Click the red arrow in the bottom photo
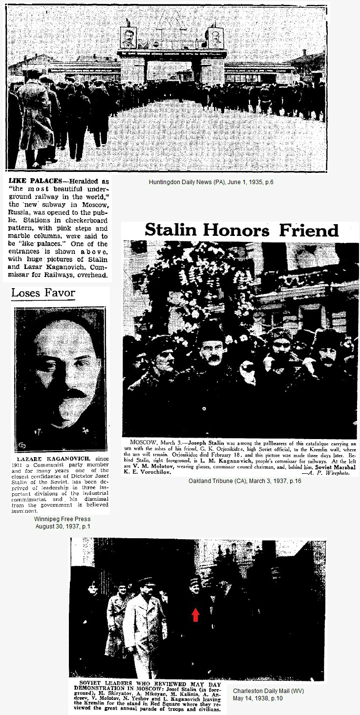(195, 614)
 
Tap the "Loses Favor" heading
(43, 293)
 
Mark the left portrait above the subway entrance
(128, 38)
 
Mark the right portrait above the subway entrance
(215, 38)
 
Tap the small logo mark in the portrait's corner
(21, 445)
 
